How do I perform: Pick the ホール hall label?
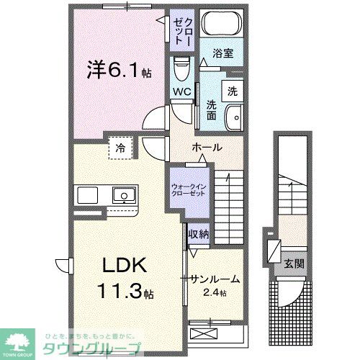pos(206,148)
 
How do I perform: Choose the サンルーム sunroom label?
pos(214,279)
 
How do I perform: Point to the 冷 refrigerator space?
pos(120,148)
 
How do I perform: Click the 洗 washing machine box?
pos(232,91)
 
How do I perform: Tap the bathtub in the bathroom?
pos(221,24)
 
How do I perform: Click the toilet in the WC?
pos(181,71)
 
